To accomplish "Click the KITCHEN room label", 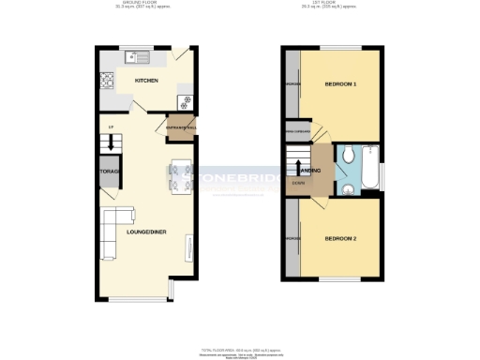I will (145, 82).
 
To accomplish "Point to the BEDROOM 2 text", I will (340, 238).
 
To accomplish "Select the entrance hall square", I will (180, 127).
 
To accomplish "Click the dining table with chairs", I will (180, 175).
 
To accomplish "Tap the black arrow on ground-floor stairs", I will (110, 142).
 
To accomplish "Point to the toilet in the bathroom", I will (347, 156).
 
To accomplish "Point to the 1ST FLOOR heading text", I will (334, 5).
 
